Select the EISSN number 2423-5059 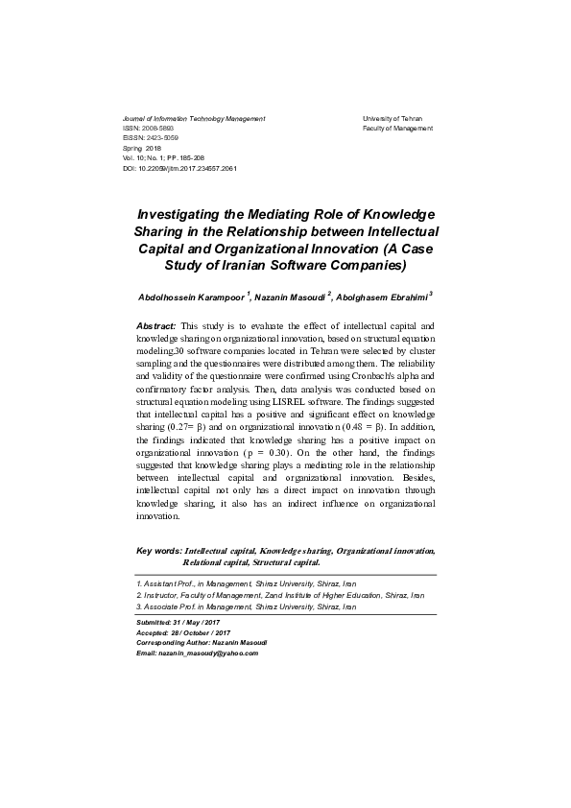tap(163, 138)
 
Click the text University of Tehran tap(392, 118)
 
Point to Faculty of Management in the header tap(397, 128)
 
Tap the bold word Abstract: tap(156, 326)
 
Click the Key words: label tap(159, 551)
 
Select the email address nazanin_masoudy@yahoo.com tap(208, 653)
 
